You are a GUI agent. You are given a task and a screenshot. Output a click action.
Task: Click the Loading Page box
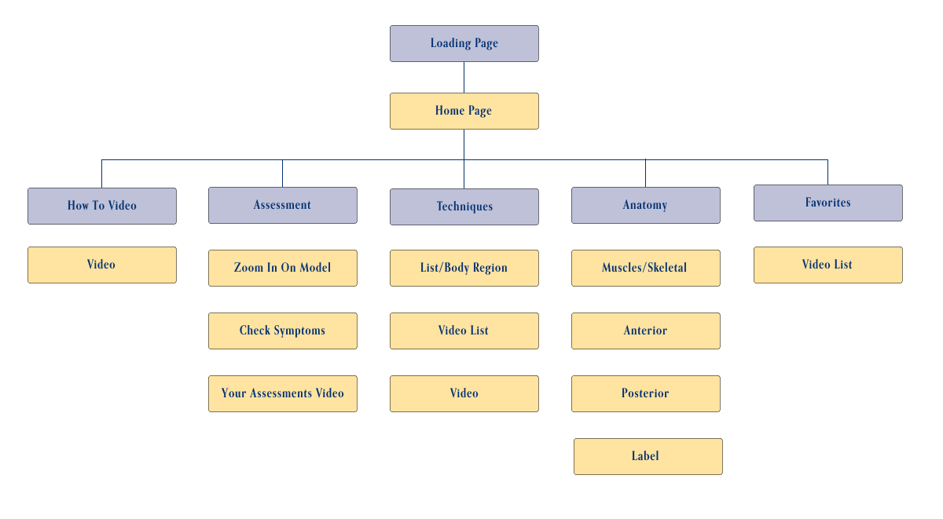click(x=464, y=43)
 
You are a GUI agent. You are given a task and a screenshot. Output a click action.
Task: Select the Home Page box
click(x=464, y=111)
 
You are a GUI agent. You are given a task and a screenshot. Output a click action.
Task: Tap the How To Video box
click(x=102, y=206)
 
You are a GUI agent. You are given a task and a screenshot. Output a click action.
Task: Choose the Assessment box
click(x=283, y=205)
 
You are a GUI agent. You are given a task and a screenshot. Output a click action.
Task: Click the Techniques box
click(x=464, y=207)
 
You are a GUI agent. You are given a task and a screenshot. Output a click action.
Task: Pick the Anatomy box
click(x=645, y=205)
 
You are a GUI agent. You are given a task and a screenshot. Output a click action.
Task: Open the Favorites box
click(x=827, y=203)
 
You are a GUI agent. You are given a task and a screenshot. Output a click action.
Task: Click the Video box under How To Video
click(x=102, y=265)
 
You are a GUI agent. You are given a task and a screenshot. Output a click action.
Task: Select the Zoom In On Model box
click(x=283, y=268)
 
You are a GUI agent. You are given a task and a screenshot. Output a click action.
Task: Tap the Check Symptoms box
click(x=283, y=331)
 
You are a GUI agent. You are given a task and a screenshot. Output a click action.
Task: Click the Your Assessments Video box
click(x=283, y=393)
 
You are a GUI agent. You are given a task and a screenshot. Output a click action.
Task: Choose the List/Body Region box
click(x=464, y=268)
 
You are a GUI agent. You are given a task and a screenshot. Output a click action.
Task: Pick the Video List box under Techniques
click(x=464, y=331)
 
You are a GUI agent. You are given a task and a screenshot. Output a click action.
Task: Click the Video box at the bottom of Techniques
click(x=464, y=393)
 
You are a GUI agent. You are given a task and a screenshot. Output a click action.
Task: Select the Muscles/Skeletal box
click(x=645, y=268)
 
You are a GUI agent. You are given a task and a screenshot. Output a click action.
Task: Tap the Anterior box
click(x=645, y=331)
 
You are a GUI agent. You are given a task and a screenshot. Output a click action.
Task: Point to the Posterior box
click(x=645, y=393)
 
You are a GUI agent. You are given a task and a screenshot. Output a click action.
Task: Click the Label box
click(x=648, y=456)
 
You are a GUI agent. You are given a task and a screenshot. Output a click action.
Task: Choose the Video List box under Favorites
click(x=827, y=265)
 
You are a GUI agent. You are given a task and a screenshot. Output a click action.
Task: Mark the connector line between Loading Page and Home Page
click(x=464, y=77)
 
